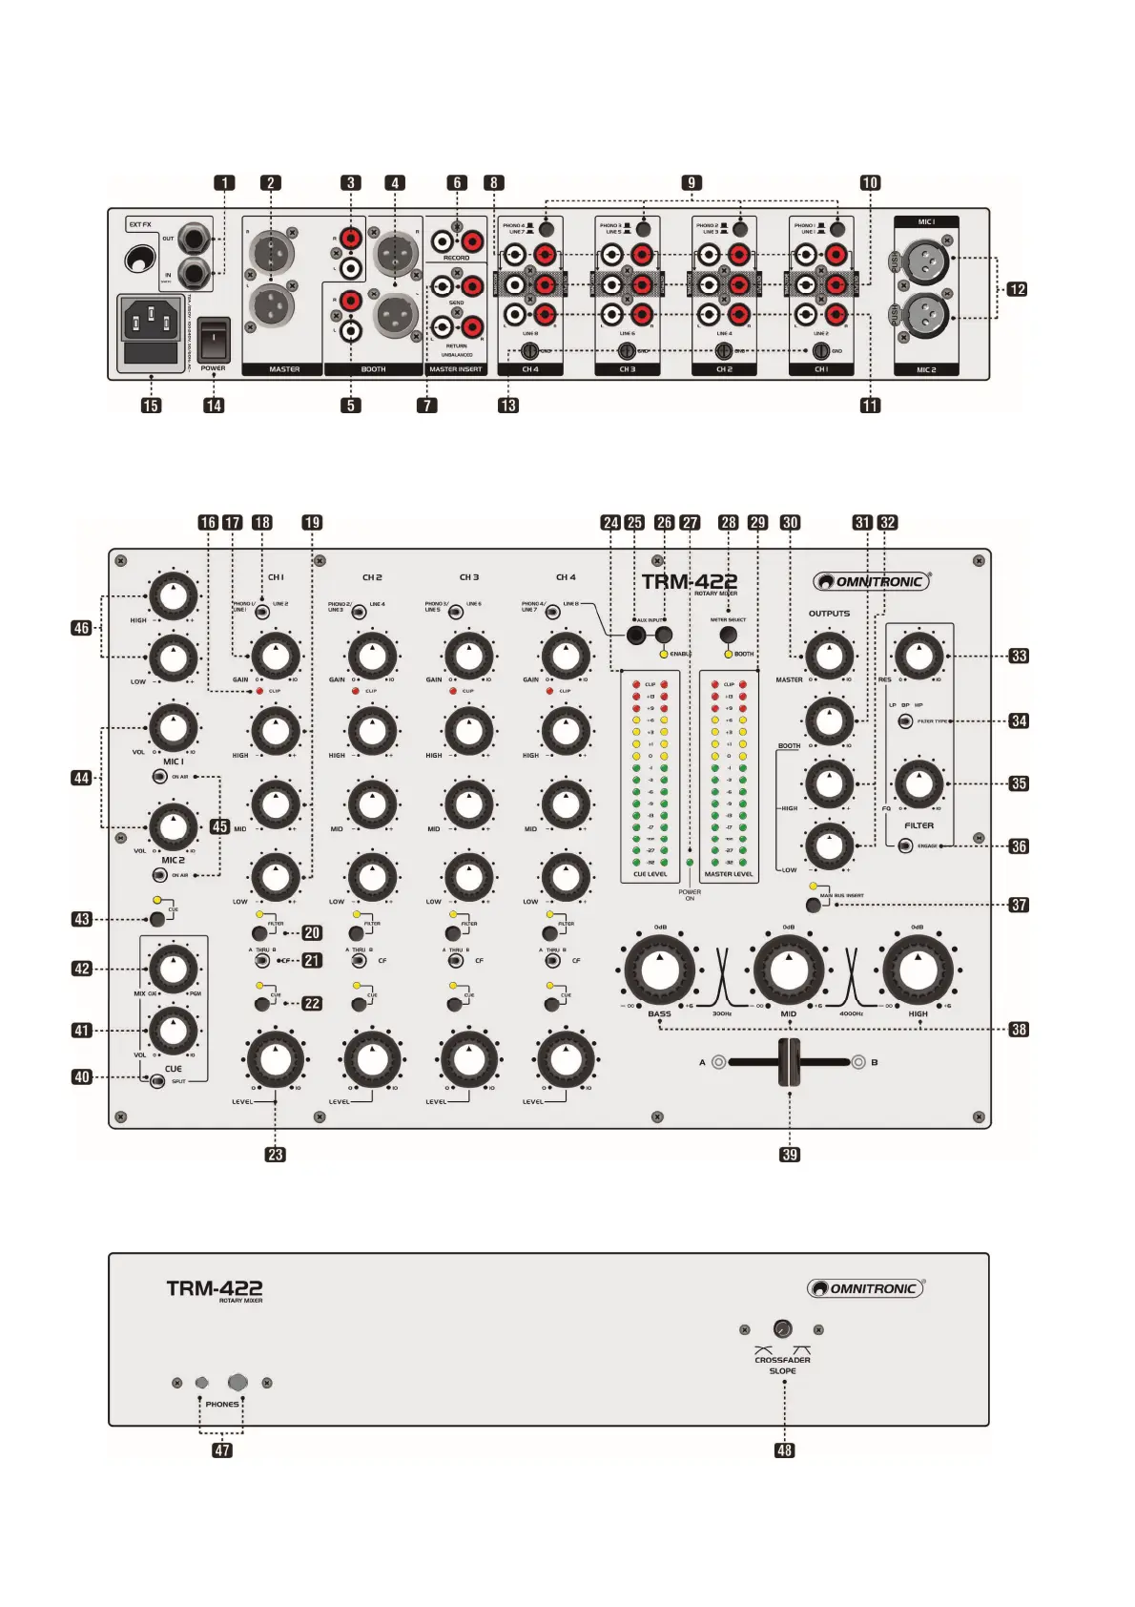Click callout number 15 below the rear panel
pos(151,406)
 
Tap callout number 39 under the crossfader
pos(790,1155)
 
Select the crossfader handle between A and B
pos(789,1062)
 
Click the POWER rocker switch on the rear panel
pos(214,339)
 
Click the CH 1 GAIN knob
pos(276,657)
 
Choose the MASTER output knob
pos(830,656)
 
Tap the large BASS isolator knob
pos(660,970)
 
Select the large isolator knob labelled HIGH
pos(918,970)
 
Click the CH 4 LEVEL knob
pos(566,1059)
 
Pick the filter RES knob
pos(918,656)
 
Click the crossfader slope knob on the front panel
pos(782,1328)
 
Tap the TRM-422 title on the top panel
pos(689,581)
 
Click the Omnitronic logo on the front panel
pos(866,1288)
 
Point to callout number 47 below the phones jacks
pos(222,1450)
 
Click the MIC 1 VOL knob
pos(173,728)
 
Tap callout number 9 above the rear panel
pos(691,183)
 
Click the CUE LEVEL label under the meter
pos(650,874)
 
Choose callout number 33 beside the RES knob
pos(1019,656)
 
